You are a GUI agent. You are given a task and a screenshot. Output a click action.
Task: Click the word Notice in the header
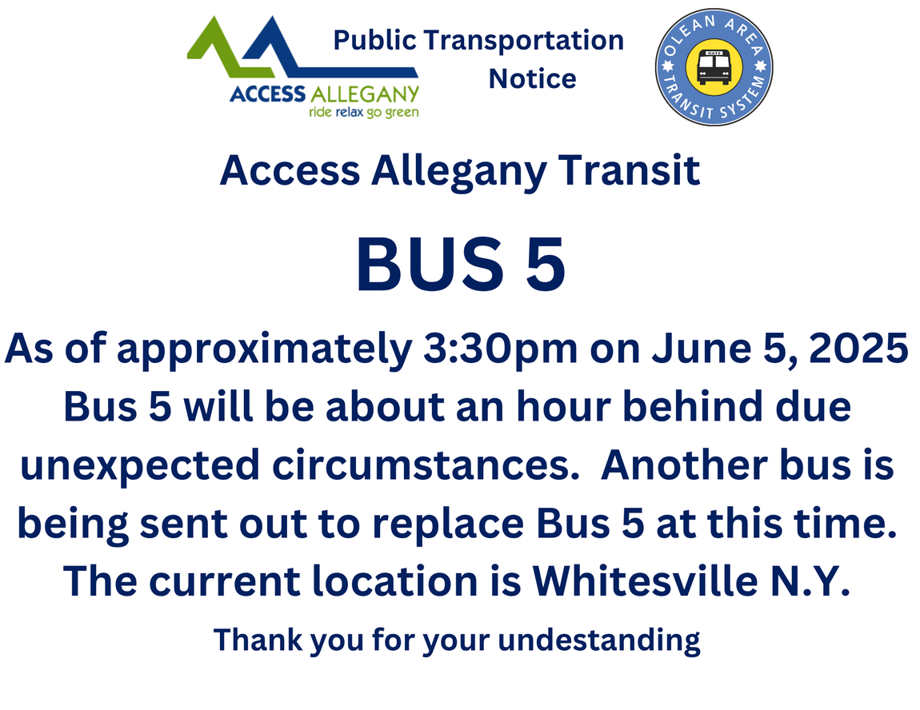(532, 78)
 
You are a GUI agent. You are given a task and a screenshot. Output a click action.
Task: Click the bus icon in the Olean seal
(714, 67)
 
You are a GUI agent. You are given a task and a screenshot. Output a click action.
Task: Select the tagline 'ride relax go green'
(364, 112)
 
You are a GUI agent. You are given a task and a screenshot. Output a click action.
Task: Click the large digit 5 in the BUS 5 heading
(545, 265)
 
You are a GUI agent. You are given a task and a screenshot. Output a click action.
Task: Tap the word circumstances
(426, 465)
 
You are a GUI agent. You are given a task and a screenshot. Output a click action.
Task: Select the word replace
(448, 525)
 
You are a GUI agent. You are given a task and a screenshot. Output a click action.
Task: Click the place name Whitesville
(646, 581)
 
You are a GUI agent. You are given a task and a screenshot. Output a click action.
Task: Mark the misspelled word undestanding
(599, 640)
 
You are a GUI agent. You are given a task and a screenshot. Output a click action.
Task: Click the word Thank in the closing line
(258, 640)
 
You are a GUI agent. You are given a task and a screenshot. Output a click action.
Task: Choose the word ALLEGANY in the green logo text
(365, 94)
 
